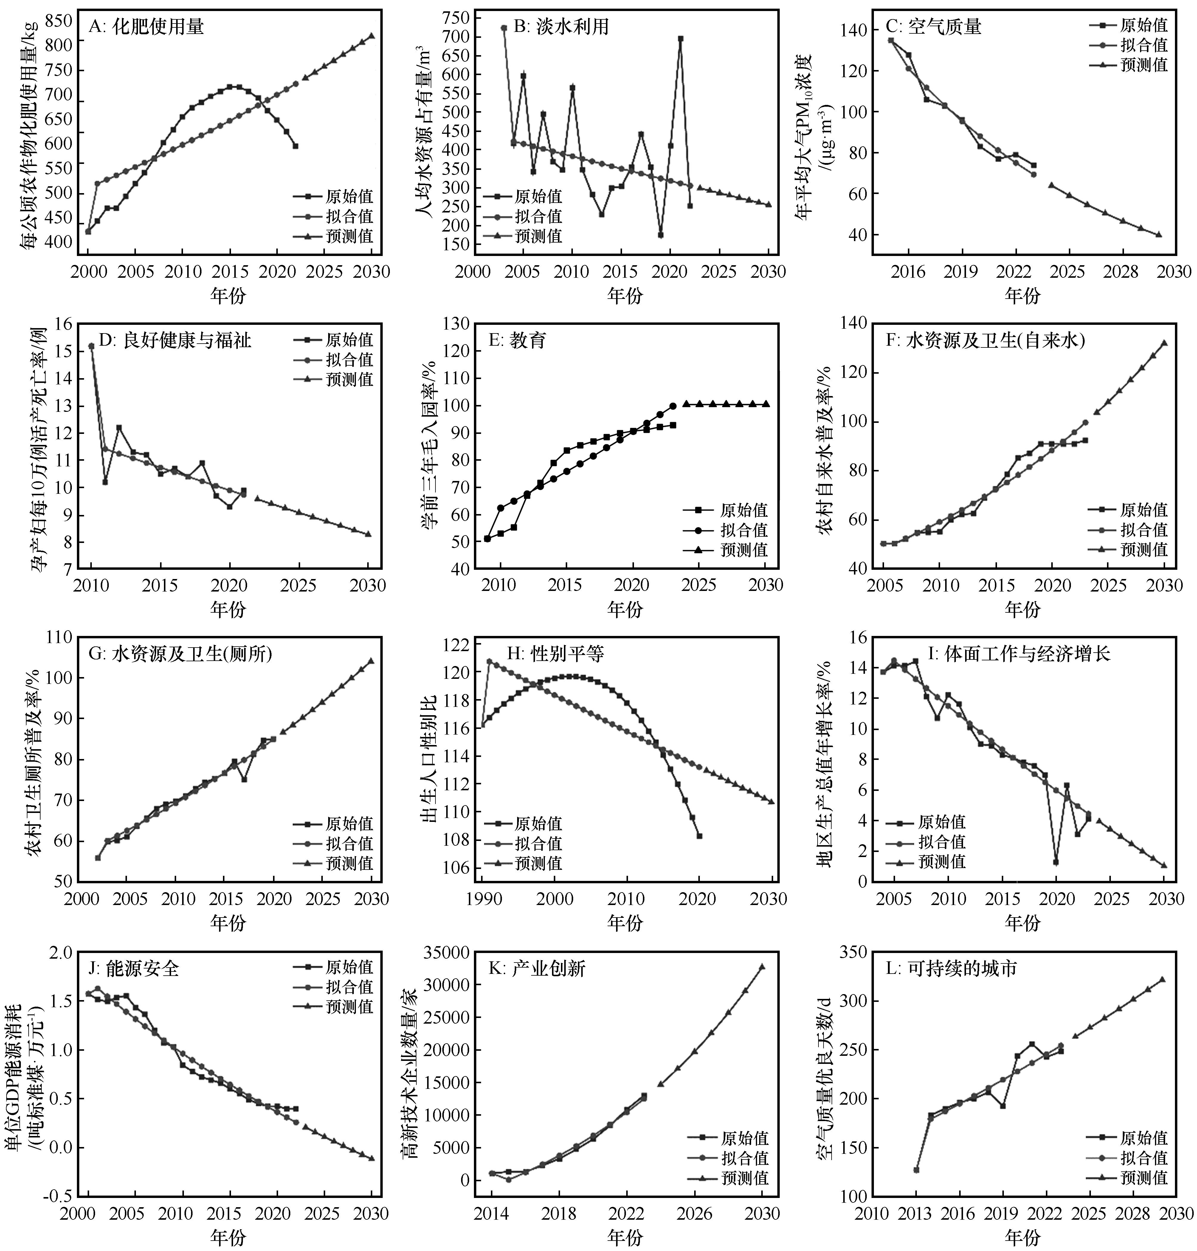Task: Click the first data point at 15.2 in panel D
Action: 91,346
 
